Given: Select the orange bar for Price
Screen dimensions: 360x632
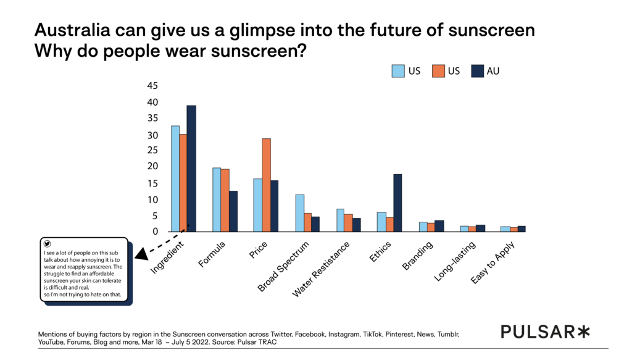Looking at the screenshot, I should pyautogui.click(x=266, y=185).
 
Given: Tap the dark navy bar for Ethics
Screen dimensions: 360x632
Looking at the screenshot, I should pyautogui.click(x=397, y=203).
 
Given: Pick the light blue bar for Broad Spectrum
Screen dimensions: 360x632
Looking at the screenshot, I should pyautogui.click(x=299, y=213).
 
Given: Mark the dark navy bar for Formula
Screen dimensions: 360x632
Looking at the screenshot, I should pyautogui.click(x=233, y=211).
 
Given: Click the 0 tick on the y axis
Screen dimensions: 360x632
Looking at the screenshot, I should pyautogui.click(x=156, y=232).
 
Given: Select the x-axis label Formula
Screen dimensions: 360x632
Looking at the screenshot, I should pyautogui.click(x=212, y=254).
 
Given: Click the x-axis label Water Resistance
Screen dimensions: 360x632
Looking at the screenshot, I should pyautogui.click(x=321, y=268).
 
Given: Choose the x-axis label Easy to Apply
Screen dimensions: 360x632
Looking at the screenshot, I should pyautogui.click(x=497, y=263).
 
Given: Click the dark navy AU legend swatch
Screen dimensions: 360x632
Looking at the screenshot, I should pyautogui.click(x=476, y=71).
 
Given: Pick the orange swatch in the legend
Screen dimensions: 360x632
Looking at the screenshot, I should pyautogui.click(x=436, y=71).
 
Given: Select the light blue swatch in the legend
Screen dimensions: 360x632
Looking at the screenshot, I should pyautogui.click(x=398, y=71).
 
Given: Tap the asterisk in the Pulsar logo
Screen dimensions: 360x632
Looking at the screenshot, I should pyautogui.click(x=583, y=332).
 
